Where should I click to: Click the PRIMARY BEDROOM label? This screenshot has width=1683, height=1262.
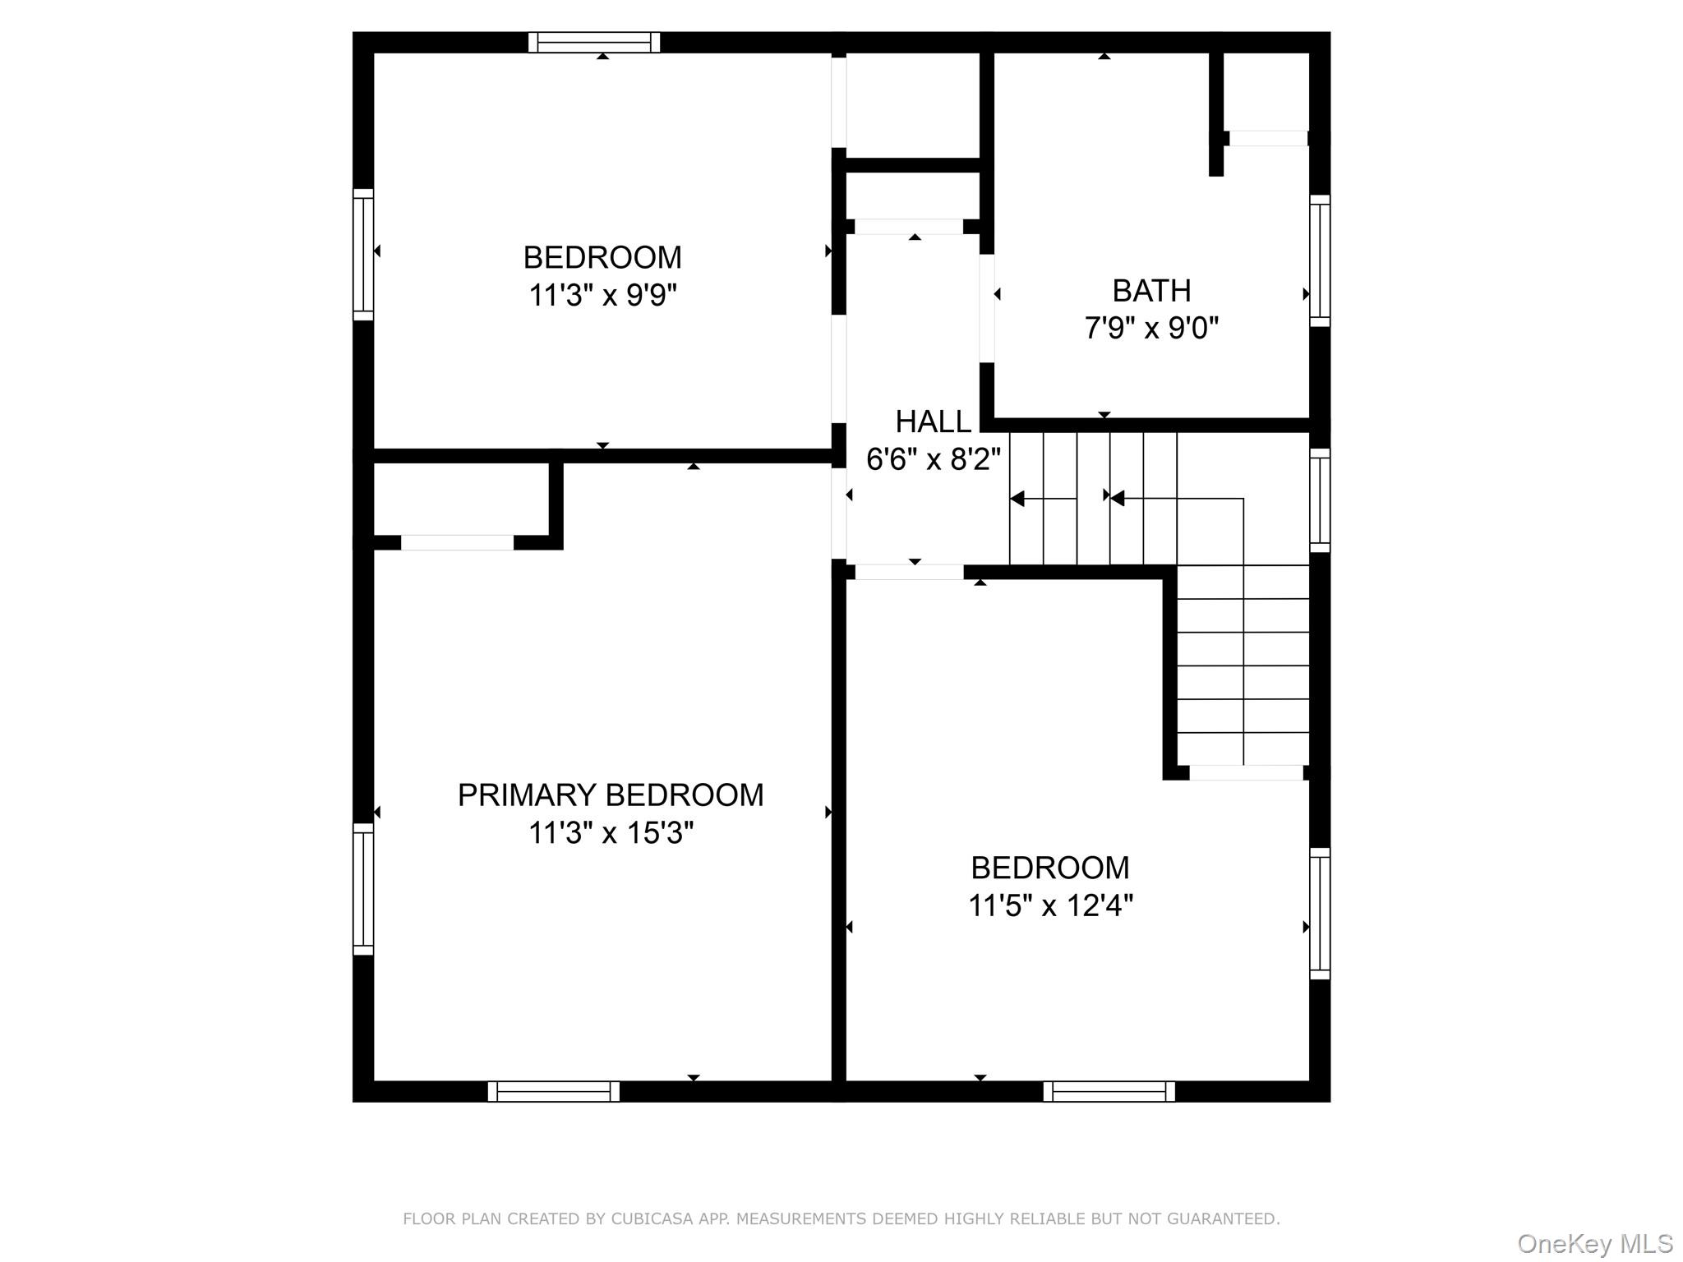click(610, 795)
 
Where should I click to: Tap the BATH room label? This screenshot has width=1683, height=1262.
click(1150, 291)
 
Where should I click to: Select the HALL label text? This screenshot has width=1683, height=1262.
click(933, 421)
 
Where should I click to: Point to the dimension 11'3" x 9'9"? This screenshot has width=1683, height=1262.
click(602, 295)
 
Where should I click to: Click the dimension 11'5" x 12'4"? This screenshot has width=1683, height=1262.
click(1050, 905)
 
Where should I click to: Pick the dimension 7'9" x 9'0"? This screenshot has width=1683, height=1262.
click(1150, 329)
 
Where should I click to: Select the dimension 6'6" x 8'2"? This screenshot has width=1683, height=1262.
click(933, 459)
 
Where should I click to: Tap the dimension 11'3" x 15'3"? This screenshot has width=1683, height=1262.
click(610, 833)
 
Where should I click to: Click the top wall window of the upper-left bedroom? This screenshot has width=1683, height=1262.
click(593, 42)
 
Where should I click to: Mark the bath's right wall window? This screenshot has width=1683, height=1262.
click(1319, 260)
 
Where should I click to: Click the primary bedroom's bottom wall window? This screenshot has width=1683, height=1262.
click(553, 1091)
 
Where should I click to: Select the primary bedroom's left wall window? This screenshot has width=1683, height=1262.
click(363, 889)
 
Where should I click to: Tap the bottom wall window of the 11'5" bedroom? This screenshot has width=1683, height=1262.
click(1109, 1091)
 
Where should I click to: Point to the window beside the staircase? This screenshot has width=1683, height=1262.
click(1319, 500)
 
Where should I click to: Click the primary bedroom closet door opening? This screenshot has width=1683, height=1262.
click(457, 542)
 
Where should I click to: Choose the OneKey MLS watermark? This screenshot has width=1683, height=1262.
click(1594, 1244)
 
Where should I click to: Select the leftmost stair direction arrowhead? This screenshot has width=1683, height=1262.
click(1017, 499)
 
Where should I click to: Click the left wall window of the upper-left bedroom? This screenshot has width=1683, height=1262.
click(363, 255)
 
